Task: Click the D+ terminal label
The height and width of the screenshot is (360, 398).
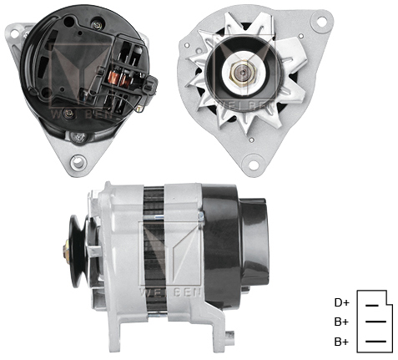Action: tap(340, 302)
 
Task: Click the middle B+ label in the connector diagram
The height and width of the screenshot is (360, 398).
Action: tap(340, 322)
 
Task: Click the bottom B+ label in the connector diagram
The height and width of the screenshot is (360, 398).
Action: tap(340, 342)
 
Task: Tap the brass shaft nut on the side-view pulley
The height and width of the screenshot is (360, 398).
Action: tap(65, 249)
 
